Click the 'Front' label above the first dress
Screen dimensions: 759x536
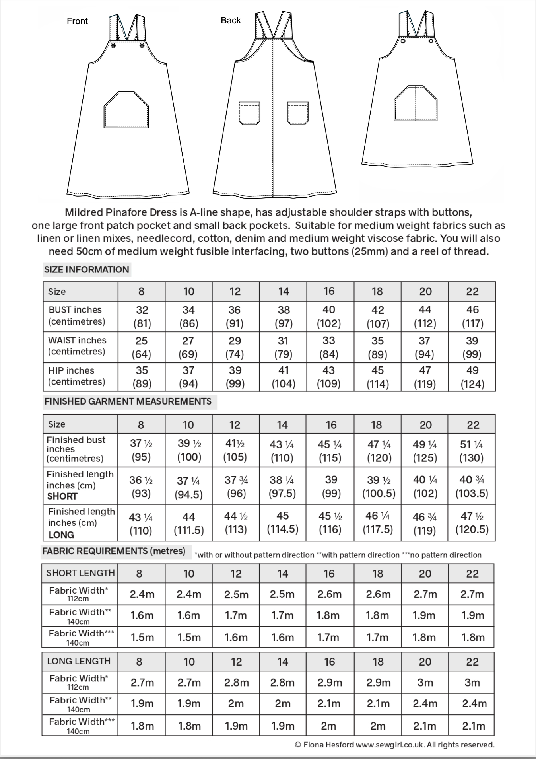(x=77, y=21)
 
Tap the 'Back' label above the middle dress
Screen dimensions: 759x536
(x=231, y=20)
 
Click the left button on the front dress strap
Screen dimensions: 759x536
(x=113, y=46)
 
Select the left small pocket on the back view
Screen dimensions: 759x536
(x=249, y=113)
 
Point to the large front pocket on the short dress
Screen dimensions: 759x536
(x=416, y=103)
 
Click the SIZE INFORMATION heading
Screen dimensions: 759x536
(x=86, y=269)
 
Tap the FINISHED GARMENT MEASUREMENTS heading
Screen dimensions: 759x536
(x=128, y=401)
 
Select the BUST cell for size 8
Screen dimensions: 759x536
(x=142, y=317)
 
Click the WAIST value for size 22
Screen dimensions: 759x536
(x=472, y=347)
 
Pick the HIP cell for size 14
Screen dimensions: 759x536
(x=283, y=377)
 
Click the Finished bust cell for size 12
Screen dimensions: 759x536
(x=235, y=450)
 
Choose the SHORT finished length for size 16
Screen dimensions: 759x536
(x=330, y=486)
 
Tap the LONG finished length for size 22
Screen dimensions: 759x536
(x=472, y=523)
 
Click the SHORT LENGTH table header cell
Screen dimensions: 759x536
(x=80, y=573)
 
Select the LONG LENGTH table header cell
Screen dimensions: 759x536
(x=79, y=661)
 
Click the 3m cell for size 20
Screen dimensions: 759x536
(x=425, y=683)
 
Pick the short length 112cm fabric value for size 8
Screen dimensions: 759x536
(x=142, y=594)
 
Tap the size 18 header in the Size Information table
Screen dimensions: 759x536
(x=377, y=292)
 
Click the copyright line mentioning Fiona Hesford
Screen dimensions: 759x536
(x=394, y=745)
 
